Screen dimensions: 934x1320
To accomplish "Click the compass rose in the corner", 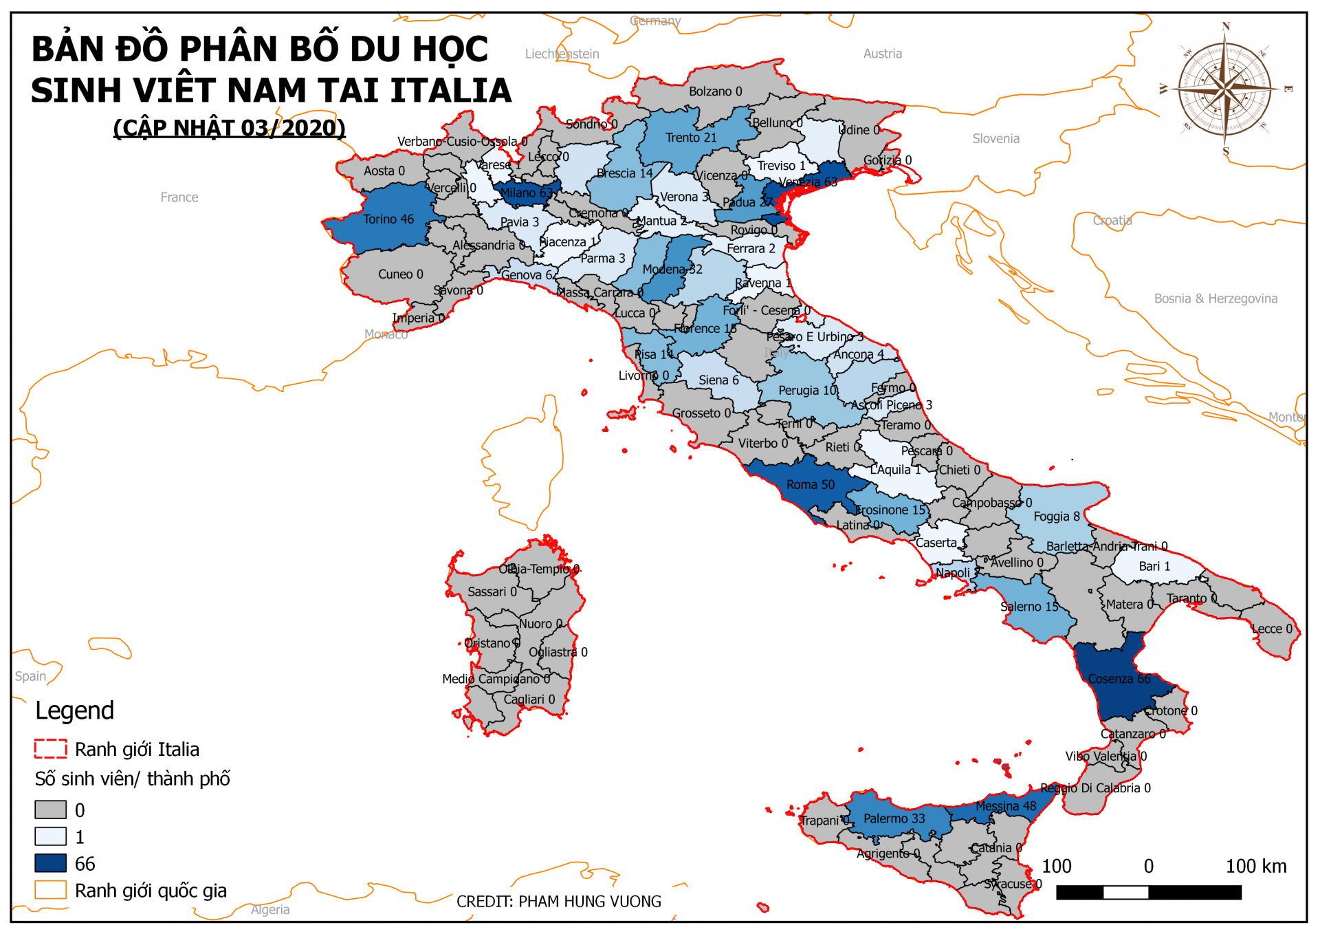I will [1224, 89].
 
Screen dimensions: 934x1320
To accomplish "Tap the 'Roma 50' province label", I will [810, 485].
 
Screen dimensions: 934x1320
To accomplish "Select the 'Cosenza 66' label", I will [1119, 679].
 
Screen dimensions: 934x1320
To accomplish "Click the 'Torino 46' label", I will [388, 219].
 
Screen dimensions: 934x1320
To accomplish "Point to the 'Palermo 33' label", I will [894, 818].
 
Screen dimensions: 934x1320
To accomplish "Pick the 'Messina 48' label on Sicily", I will [1005, 806].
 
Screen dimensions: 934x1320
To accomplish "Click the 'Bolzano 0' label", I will [715, 91].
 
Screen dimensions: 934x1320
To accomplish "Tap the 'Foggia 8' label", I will [1056, 517].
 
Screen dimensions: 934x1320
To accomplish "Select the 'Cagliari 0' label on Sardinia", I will [529, 699].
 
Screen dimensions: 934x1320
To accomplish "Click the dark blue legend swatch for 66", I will [50, 863].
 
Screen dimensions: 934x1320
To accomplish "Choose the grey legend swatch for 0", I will [50, 810].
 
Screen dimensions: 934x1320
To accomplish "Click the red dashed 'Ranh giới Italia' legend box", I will [50, 748].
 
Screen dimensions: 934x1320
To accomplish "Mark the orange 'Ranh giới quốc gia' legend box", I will [50, 890].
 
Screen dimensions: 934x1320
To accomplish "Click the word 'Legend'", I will [74, 710].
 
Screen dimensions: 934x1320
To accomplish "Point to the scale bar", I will [1148, 893].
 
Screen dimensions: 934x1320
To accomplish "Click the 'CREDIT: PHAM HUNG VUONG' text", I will [558, 902].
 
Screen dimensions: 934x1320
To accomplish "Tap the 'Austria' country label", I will [882, 54].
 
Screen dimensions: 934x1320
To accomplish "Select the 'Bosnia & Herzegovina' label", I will [1215, 298].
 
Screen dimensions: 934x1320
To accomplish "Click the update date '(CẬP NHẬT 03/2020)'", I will [229, 128].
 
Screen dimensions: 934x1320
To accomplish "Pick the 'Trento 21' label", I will [690, 138].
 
